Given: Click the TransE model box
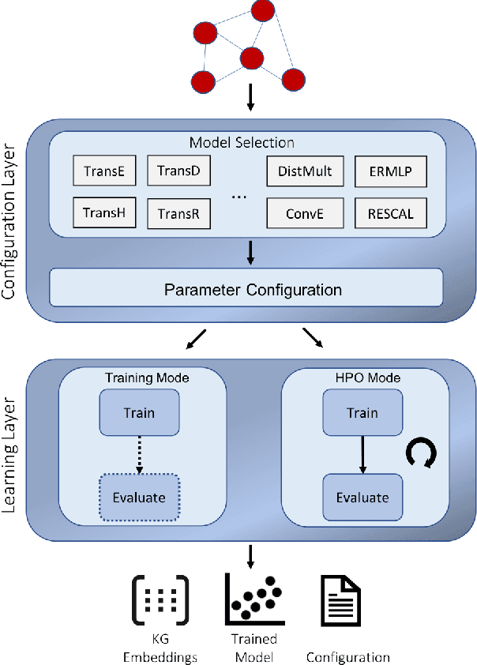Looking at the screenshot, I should tap(104, 171).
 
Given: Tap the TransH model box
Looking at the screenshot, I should tap(104, 212).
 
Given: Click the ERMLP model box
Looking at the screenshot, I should tap(390, 171).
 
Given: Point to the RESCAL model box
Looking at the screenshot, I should tap(390, 213).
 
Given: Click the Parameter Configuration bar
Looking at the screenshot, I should tap(253, 289).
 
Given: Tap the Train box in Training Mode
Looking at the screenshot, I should tap(139, 413).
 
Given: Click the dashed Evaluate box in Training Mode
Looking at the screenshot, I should tap(139, 498).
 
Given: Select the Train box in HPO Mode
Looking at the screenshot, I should tap(362, 413).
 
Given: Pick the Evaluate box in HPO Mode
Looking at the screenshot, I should tap(362, 498).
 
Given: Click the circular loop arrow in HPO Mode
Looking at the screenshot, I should tap(421, 453).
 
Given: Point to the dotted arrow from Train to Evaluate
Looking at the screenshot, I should tap(139, 455).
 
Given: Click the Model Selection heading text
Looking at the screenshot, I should tap(242, 143).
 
